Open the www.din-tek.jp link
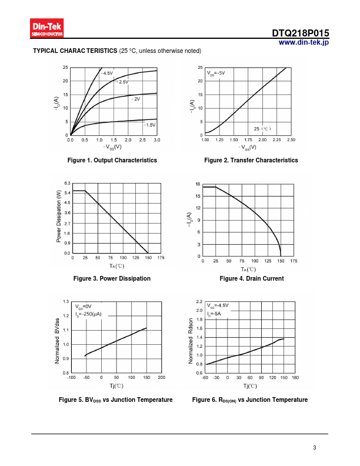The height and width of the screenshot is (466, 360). tap(303, 43)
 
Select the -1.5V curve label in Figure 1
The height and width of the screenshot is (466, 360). tap(149, 125)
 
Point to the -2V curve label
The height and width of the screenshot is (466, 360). tap(135, 99)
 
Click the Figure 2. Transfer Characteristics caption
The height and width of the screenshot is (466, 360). tap(251, 160)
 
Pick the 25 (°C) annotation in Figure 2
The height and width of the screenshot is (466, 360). tap(262, 128)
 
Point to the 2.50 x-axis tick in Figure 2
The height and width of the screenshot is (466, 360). tap(291, 140)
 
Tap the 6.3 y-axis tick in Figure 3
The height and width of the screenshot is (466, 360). tap(67, 184)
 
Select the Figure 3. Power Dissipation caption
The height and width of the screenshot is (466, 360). tap(112, 278)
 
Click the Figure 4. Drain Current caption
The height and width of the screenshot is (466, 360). tap(251, 278)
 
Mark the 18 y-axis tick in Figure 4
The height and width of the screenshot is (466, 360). tap(198, 184)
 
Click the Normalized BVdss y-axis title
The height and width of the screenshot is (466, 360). tap(57, 339)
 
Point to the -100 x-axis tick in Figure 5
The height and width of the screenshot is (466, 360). tap(72, 377)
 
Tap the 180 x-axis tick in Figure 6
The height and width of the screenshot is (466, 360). tap(295, 377)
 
